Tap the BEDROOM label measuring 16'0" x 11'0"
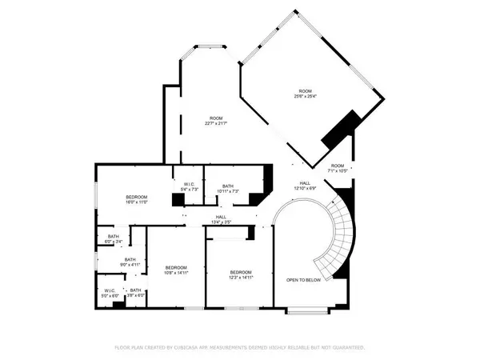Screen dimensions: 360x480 click(137, 197)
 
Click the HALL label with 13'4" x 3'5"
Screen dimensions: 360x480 click(221, 217)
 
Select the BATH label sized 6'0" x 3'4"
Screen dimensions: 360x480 click(114, 236)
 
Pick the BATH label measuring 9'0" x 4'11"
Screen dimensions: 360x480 click(130, 259)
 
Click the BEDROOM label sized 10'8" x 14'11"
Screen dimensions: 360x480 click(175, 267)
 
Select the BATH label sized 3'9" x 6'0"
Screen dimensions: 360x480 click(136, 291)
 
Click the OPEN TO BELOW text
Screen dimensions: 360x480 click(304, 280)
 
